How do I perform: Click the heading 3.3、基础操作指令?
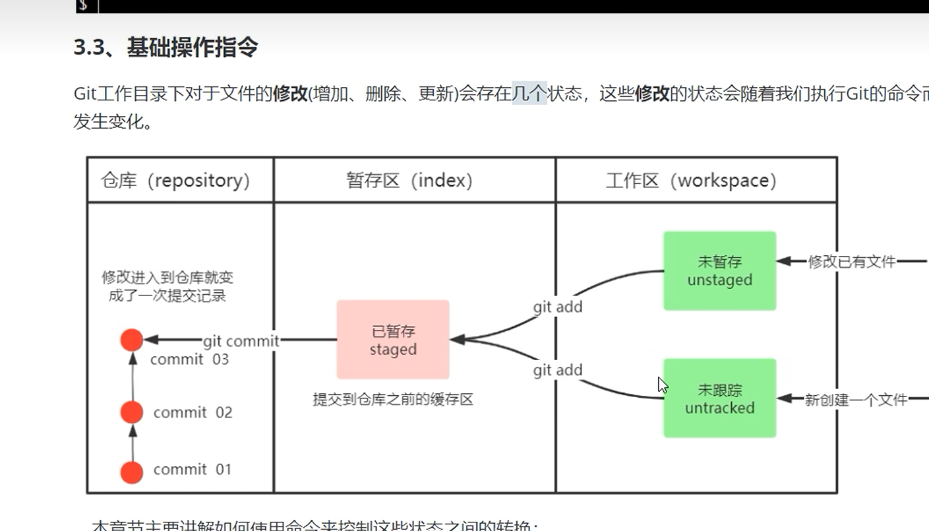165,47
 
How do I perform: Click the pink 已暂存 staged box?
393,340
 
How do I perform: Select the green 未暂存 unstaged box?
719,270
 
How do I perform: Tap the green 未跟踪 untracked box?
719,398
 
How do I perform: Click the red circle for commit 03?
132,340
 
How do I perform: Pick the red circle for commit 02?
132,412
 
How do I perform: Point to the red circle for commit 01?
132,472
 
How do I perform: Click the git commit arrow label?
241,341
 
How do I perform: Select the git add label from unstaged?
558,307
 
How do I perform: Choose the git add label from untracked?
558,370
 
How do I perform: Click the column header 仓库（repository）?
175,181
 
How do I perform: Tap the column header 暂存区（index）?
409,181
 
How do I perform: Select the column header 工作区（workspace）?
691,181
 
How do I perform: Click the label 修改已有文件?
852,262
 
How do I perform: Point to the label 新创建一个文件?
856,399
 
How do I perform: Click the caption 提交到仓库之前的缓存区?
393,399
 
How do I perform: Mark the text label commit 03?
189,359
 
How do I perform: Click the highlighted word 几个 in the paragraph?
529,94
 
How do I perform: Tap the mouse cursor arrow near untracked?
662,385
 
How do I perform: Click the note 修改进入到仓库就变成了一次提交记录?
167,286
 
